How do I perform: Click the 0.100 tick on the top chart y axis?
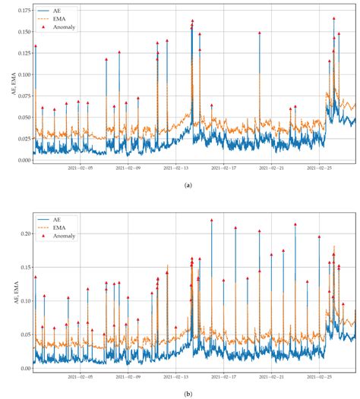(22, 74)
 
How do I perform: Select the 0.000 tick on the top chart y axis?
(22, 160)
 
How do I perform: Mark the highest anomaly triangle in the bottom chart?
(211, 221)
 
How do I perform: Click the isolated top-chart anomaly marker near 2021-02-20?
(259, 33)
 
